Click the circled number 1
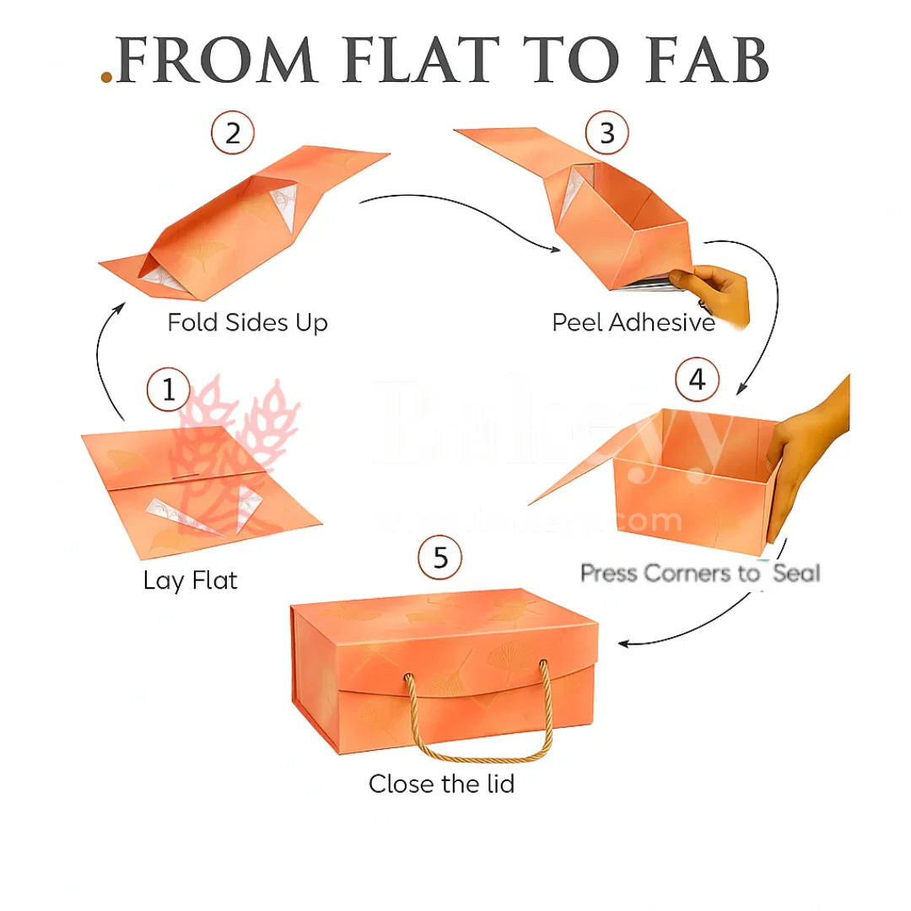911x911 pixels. tap(170, 391)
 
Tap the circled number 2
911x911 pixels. tap(233, 134)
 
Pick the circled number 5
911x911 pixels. tap(439, 558)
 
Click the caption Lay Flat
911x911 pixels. tap(191, 580)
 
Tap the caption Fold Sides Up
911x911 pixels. tap(247, 322)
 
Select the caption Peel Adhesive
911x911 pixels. tap(633, 322)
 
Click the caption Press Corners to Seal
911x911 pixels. tap(700, 574)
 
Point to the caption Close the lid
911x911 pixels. tap(441, 784)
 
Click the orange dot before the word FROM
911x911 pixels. tap(106, 78)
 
